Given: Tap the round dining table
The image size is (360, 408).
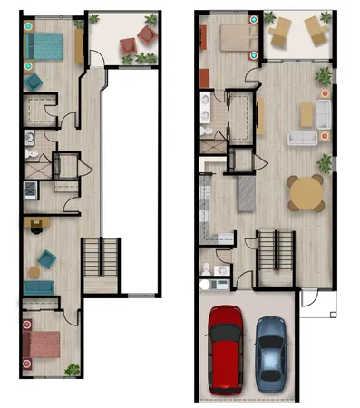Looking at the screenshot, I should [306, 192].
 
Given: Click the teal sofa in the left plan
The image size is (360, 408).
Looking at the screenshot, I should [39, 287].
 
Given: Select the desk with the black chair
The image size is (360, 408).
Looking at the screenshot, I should [36, 224].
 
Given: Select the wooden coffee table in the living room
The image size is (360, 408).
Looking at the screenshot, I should [306, 113].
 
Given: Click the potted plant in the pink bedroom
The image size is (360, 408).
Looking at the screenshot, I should [72, 369].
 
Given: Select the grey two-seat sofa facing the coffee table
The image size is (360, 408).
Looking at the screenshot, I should [301, 138].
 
